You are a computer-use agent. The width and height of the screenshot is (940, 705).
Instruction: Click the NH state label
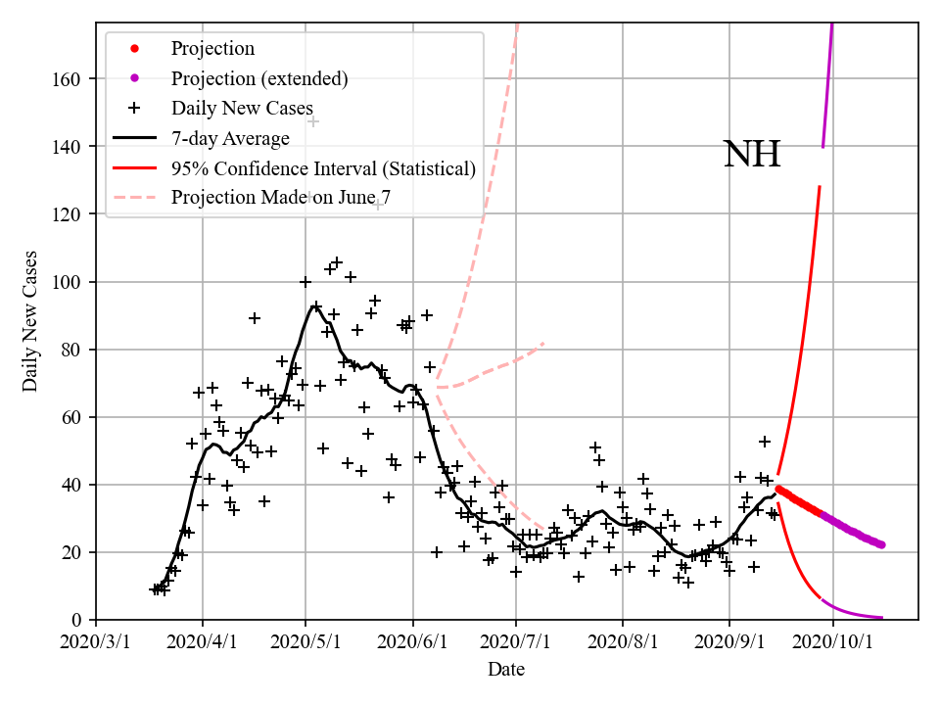(751, 155)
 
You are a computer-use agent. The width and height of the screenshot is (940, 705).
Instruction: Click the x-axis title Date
(506, 670)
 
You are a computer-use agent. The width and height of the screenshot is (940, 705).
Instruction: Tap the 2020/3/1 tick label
(96, 642)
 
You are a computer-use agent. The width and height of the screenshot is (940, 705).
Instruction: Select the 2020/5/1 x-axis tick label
(306, 642)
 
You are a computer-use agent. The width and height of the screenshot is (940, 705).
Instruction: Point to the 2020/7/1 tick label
(517, 642)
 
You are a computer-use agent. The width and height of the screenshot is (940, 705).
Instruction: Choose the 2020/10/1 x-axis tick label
(834, 642)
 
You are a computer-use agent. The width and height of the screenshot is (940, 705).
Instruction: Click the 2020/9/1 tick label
(729, 642)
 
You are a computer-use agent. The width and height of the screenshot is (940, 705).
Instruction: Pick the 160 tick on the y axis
(66, 79)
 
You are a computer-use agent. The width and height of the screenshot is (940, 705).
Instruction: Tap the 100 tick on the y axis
(66, 282)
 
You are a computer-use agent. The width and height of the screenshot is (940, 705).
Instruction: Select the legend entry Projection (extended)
(259, 78)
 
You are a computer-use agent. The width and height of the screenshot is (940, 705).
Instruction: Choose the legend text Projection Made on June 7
(282, 198)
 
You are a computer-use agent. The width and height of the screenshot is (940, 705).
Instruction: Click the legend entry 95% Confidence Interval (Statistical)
(323, 168)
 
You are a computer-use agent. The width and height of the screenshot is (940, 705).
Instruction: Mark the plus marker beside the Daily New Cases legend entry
(135, 108)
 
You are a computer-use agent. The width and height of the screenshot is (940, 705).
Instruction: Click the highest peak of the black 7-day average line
(314, 306)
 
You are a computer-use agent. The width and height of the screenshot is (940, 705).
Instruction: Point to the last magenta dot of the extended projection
(881, 544)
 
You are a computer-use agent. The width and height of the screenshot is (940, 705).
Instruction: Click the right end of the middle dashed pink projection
(543, 343)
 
